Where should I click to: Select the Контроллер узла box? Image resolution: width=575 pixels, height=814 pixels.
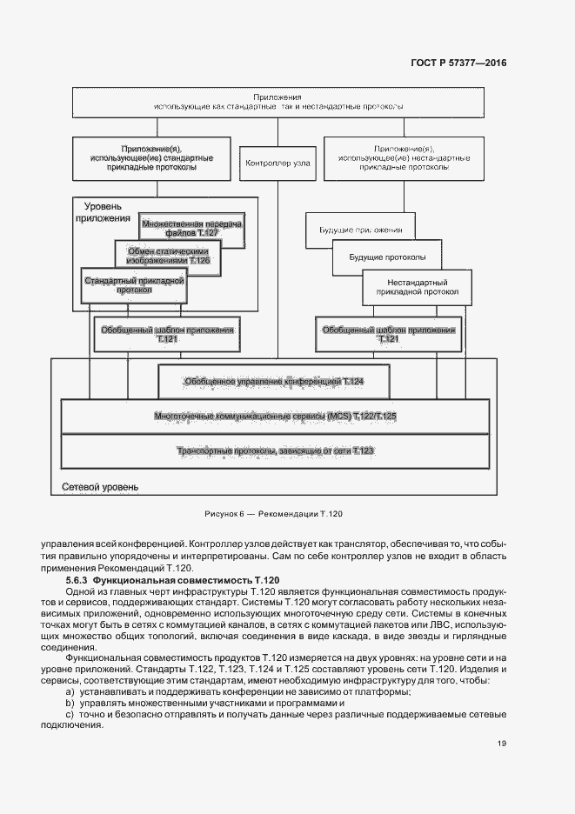click(x=277, y=162)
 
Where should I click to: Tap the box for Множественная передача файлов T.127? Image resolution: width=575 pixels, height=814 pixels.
click(x=192, y=230)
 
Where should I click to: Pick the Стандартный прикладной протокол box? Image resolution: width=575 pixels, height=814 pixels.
click(x=134, y=286)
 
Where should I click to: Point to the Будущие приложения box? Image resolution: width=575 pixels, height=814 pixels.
click(x=359, y=230)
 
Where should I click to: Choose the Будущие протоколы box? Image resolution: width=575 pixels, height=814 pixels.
click(x=387, y=258)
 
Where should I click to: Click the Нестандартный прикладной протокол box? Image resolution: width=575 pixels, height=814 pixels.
click(x=417, y=287)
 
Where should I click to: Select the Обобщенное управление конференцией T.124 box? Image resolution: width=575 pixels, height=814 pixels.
click(x=273, y=381)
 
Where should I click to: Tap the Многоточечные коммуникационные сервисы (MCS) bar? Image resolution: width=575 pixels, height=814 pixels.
click(x=274, y=417)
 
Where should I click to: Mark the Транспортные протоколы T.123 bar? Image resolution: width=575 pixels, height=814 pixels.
click(x=274, y=451)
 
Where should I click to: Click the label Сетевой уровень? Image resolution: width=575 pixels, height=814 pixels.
click(x=100, y=487)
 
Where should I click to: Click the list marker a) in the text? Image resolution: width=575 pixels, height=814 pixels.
click(x=69, y=692)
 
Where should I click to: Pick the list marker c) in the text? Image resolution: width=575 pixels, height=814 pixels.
click(x=69, y=715)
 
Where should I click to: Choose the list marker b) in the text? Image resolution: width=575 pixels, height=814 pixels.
click(x=69, y=704)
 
